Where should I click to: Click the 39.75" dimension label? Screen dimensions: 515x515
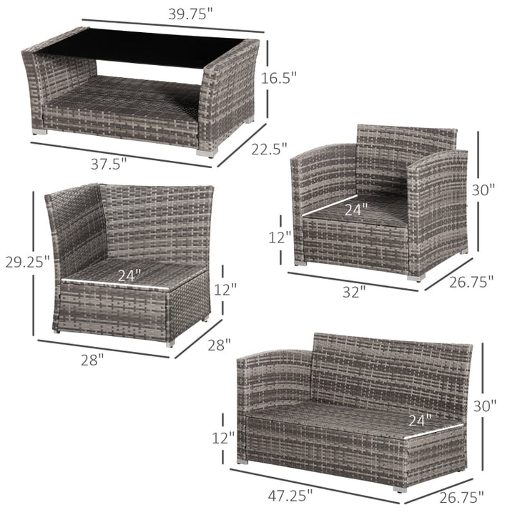coord(190,14)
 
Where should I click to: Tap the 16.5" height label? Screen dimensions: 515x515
coord(279,79)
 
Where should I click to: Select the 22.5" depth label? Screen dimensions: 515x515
coord(269,149)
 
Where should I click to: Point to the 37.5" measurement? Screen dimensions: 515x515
coord(109,164)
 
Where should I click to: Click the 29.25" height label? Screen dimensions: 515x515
coord(28,262)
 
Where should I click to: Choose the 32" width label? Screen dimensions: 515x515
coord(354,292)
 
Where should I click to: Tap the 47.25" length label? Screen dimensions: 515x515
coord(290,495)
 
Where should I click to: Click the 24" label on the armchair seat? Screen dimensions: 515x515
coord(356,209)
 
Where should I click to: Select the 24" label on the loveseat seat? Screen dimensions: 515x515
coord(420,420)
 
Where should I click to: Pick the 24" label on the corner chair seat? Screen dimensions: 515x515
coord(129,275)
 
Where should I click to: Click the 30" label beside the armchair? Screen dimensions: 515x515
coord(483,190)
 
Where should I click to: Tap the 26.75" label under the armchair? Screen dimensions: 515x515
coord(471,282)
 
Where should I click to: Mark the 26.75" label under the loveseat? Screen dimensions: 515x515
coord(461,498)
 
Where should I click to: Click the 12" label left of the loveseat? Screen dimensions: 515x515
coord(223,438)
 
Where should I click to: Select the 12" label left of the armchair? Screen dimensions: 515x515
coord(280,237)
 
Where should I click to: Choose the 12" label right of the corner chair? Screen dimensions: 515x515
coord(225,290)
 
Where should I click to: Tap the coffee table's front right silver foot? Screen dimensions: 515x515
coord(207,153)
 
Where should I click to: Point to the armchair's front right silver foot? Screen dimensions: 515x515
coord(416,278)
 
